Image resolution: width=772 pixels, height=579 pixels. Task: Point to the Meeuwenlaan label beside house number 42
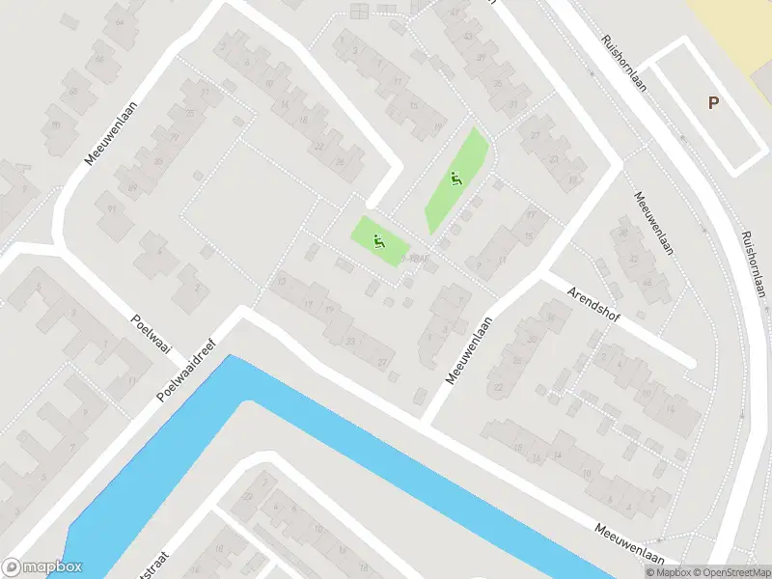652,226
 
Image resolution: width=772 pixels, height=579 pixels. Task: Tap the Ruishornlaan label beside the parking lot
621,64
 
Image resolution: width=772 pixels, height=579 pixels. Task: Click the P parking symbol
713,103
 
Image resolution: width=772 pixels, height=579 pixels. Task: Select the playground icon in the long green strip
455,179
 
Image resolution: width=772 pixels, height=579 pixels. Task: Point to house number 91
112,208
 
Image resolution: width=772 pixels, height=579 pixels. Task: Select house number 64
120,21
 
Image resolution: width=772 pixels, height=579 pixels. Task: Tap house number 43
468,37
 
